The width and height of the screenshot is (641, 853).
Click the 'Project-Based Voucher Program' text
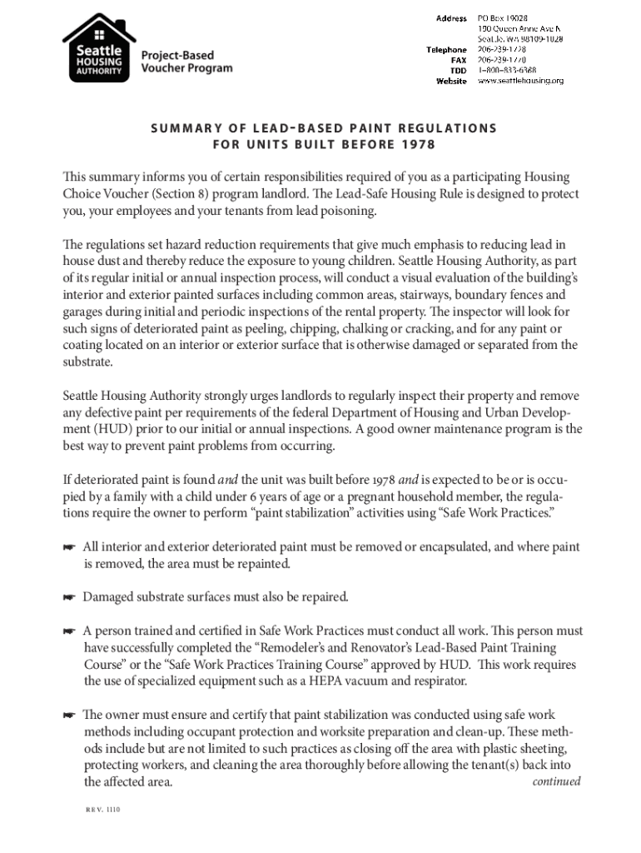(186, 62)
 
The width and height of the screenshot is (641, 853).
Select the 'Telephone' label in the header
(446, 50)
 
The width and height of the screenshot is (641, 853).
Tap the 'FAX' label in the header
(458, 60)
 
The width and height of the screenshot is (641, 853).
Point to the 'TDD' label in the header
(458, 71)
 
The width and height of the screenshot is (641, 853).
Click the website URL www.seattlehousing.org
(519, 81)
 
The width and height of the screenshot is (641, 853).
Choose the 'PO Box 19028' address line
(502, 18)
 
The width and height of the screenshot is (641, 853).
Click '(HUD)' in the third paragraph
(99, 430)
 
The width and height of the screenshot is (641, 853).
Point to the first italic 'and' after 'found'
(228, 479)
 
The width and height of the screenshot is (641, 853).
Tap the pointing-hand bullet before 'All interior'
(69, 547)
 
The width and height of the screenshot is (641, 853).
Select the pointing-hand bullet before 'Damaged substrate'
(69, 597)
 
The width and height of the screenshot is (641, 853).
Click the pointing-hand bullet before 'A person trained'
(69, 631)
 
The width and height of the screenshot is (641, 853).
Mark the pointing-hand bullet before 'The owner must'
(69, 716)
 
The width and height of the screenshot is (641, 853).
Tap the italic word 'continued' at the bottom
(556, 781)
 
